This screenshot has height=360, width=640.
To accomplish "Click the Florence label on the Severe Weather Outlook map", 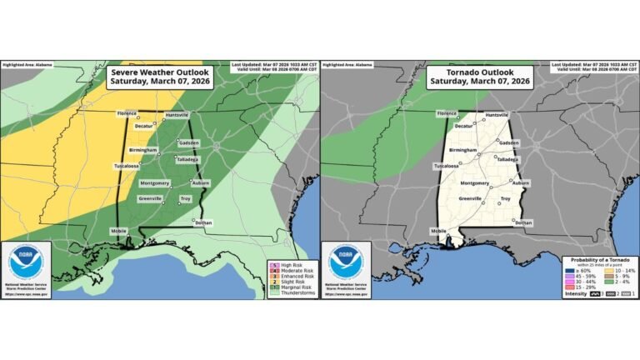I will click(x=127, y=114).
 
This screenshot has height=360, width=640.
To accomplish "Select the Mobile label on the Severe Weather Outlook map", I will click(x=122, y=230).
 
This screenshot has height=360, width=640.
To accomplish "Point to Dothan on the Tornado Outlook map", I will click(x=522, y=222).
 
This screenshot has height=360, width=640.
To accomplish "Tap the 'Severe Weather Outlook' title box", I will click(x=161, y=77).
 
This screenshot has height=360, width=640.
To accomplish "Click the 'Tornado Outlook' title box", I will click(x=481, y=77).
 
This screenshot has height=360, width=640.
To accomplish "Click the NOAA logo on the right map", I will click(x=346, y=263).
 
